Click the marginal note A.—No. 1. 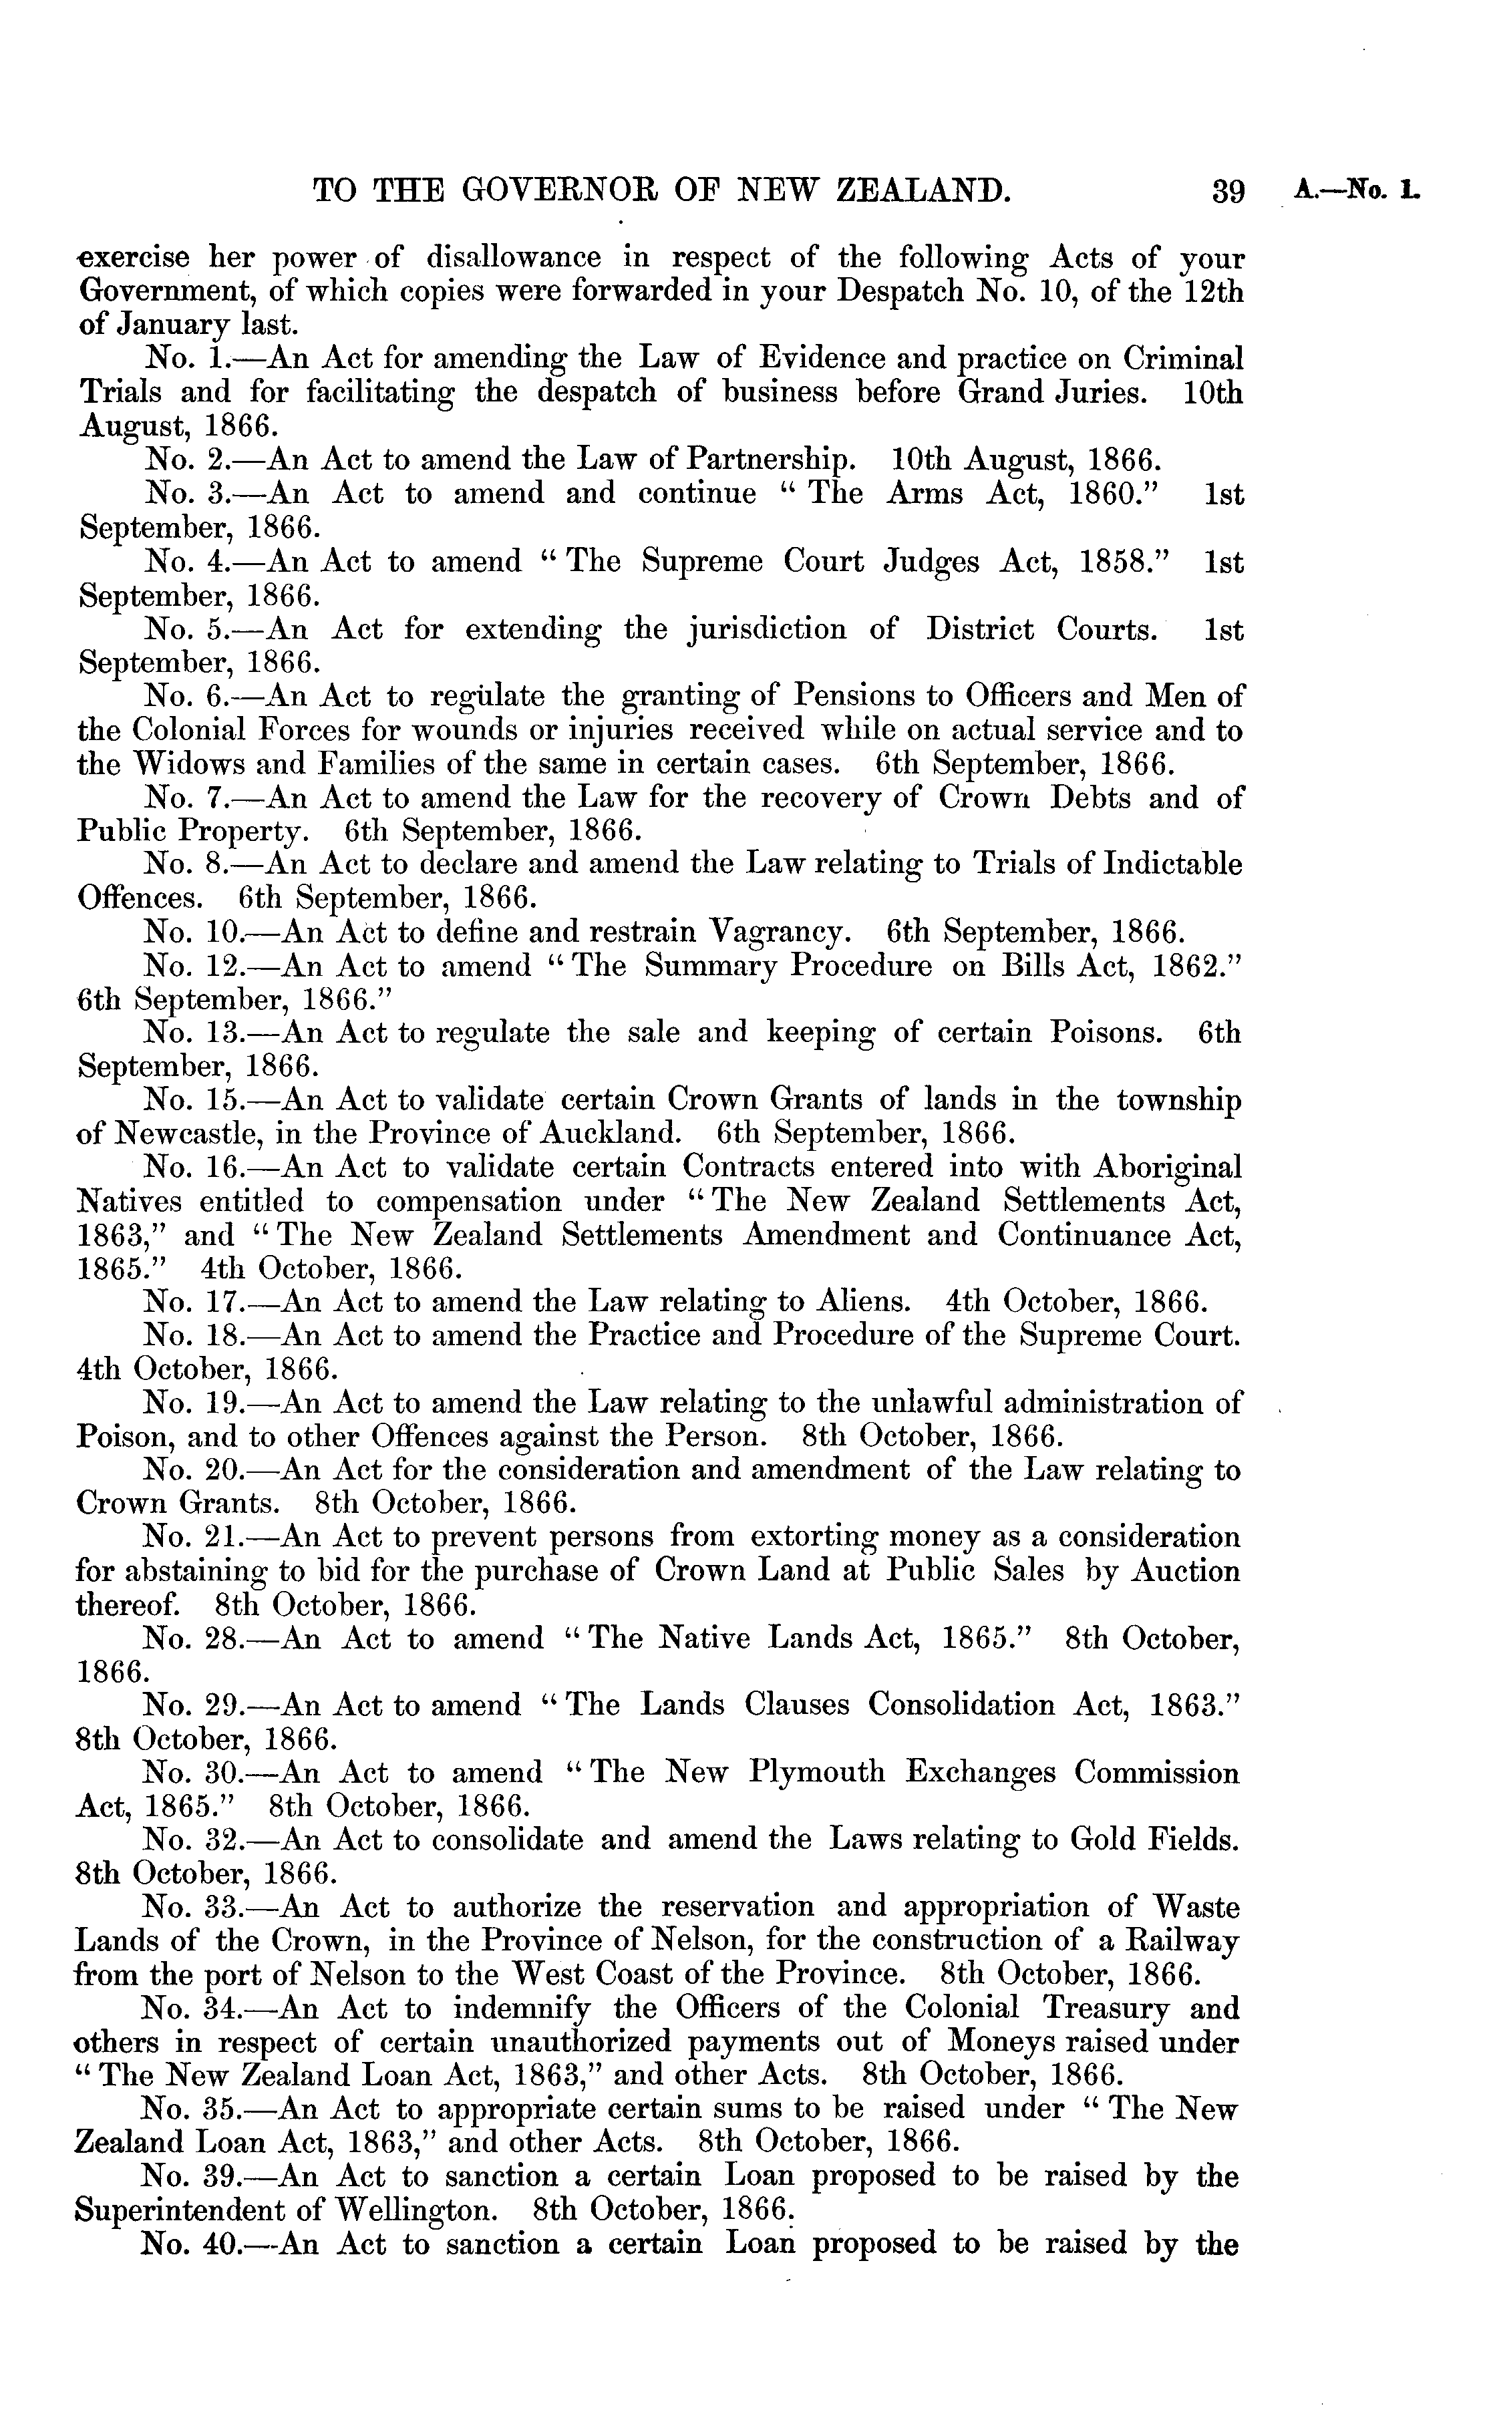pyautogui.click(x=1357, y=190)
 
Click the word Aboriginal pyautogui.click(x=1168, y=1168)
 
